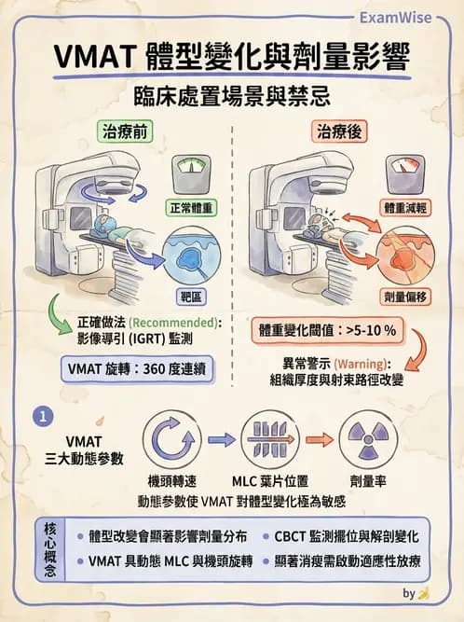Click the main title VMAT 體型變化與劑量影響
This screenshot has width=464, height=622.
(231, 58)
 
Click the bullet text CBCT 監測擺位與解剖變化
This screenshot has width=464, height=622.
(346, 537)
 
